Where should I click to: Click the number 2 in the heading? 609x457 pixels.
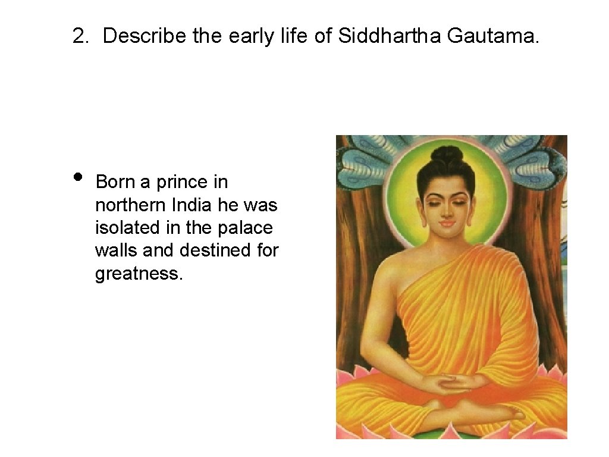[78, 36]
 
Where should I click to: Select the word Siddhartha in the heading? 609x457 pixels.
[390, 36]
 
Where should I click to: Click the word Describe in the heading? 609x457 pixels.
[145, 36]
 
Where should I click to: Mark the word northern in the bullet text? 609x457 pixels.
[130, 205]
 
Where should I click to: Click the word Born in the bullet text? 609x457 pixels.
[115, 181]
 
